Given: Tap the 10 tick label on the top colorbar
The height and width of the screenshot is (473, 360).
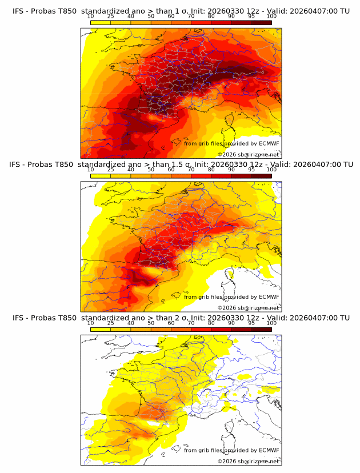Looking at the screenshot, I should [x=91, y=17].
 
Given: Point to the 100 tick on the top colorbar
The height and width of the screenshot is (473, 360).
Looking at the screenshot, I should [x=271, y=17].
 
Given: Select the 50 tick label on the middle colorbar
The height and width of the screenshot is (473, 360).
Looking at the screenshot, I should [x=151, y=170].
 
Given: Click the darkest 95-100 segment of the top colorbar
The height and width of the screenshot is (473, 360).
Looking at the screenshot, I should [x=261, y=22].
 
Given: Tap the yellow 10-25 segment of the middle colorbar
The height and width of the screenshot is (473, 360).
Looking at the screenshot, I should [x=101, y=176].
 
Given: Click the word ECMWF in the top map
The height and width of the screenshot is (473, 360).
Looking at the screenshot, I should [x=269, y=143].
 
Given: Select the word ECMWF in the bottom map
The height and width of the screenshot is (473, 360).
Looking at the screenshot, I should [x=269, y=450].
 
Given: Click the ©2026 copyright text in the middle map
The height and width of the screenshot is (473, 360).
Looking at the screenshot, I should [x=227, y=307].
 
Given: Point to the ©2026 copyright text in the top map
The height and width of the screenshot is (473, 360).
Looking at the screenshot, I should [x=227, y=154].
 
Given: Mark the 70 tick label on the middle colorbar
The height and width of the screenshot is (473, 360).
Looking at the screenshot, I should [x=191, y=170].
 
